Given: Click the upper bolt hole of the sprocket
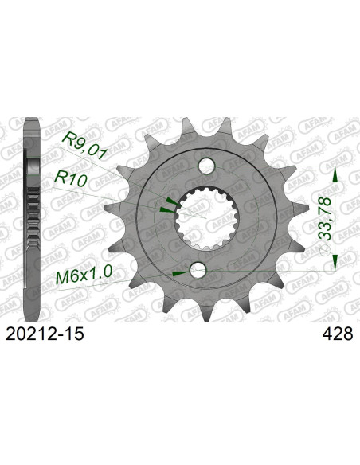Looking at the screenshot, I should coord(206,165).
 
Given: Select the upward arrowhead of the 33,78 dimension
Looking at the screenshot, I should coord(335,175).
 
